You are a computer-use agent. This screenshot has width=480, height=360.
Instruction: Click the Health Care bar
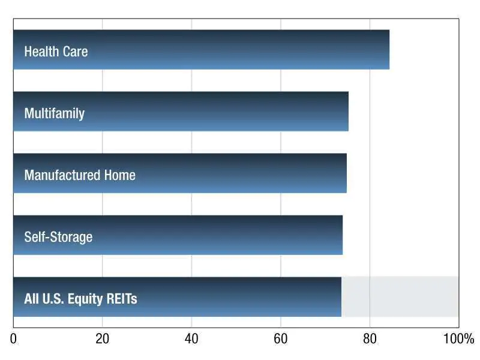240,50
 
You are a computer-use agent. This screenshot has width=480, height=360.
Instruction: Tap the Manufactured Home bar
240,173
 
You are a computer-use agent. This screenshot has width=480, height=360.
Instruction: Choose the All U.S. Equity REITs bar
240,297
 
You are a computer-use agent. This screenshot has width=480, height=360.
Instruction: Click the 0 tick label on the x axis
13,339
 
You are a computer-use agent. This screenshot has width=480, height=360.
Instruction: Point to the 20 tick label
103,339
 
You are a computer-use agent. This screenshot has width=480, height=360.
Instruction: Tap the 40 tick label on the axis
191,339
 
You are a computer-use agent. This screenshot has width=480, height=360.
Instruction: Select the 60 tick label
281,339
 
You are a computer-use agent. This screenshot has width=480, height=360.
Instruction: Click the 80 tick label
370,339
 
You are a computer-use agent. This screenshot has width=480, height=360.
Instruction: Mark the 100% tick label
458,339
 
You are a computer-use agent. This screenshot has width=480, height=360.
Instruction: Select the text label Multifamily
54,113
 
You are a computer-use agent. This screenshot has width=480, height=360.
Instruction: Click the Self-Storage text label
58,237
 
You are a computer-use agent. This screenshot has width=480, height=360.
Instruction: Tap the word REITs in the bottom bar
122,299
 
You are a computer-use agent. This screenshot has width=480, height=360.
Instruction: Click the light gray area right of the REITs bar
400,297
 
